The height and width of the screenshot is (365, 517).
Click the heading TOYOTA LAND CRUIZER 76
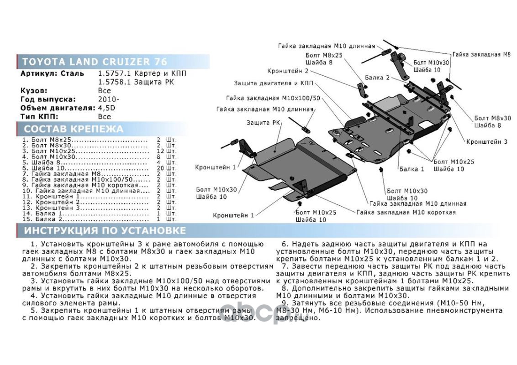(x=95, y=62)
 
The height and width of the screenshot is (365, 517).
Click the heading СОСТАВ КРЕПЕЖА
(x=74, y=129)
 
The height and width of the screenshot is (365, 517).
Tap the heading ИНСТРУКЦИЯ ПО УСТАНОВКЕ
(x=105, y=230)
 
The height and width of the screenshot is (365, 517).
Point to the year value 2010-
(x=109, y=99)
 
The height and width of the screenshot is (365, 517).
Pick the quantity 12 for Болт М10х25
(x=160, y=151)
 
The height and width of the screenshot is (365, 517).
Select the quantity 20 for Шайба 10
(x=160, y=168)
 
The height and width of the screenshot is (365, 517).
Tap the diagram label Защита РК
(x=263, y=123)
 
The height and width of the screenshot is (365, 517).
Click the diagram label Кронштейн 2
(x=288, y=71)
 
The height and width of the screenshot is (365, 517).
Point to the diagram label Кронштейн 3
(x=487, y=141)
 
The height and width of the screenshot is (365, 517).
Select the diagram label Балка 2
(x=377, y=78)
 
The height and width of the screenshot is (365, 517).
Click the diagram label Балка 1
(x=412, y=169)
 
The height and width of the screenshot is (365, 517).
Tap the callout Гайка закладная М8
(x=481, y=54)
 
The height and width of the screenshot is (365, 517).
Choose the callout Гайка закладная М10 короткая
(x=406, y=213)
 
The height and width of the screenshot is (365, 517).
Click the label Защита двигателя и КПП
(x=274, y=83)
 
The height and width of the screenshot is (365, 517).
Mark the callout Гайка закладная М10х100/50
(x=273, y=98)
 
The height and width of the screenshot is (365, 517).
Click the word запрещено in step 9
(x=298, y=318)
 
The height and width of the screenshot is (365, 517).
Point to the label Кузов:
(x=34, y=91)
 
